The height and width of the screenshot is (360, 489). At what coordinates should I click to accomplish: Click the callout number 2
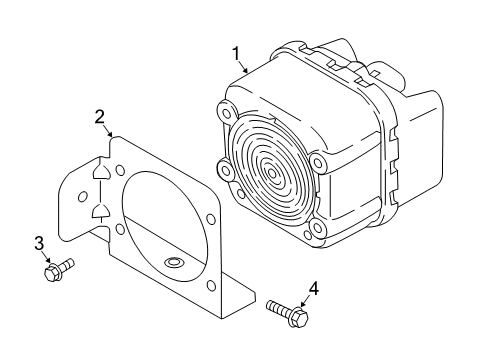[x=100, y=118]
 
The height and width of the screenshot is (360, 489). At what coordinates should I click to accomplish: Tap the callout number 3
[x=38, y=243]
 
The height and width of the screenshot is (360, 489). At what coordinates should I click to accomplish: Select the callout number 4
[x=313, y=288]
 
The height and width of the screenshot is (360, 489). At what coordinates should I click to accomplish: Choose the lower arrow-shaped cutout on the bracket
[x=100, y=210]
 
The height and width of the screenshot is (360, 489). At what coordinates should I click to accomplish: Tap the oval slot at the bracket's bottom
[x=172, y=263]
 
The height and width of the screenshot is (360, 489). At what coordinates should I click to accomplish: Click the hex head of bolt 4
[x=301, y=318]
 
